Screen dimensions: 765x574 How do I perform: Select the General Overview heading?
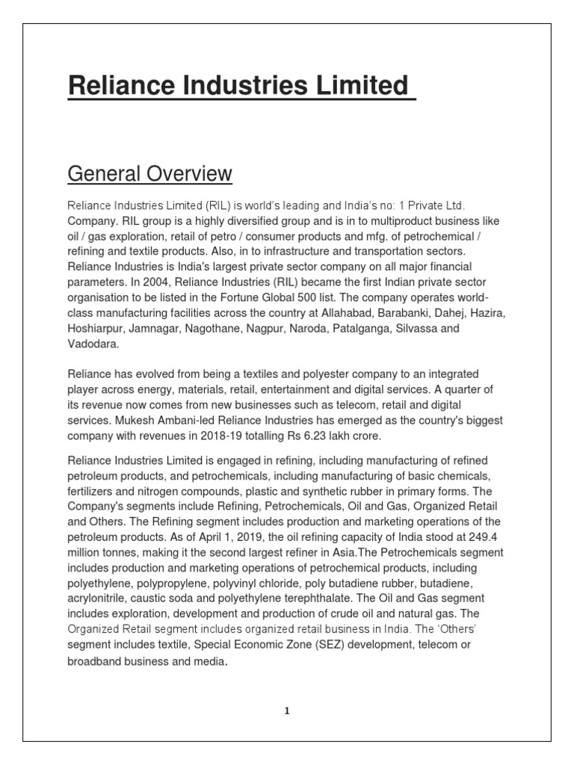[x=149, y=174]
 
